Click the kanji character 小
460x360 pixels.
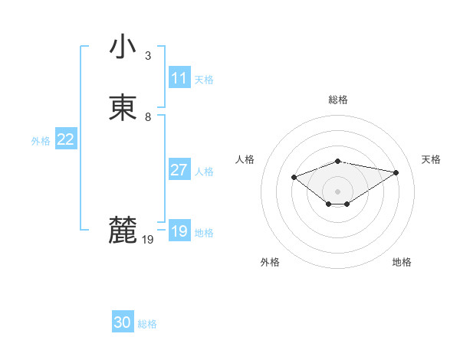pyautogui.click(x=123, y=46)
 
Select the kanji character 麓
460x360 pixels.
pyautogui.click(x=123, y=231)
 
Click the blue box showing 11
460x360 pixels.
pyautogui.click(x=179, y=78)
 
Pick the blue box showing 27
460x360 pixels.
pyautogui.click(x=179, y=170)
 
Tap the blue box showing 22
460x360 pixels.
pyautogui.click(x=65, y=139)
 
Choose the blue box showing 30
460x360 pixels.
pyautogui.click(x=123, y=322)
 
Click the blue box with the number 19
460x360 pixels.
pyautogui.click(x=179, y=231)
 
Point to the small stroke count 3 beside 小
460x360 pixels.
pyautogui.click(x=148, y=55)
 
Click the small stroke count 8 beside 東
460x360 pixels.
pyautogui.click(x=148, y=117)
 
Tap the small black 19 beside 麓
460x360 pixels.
pyautogui.click(x=148, y=240)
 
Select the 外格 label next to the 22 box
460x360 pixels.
pyautogui.click(x=41, y=141)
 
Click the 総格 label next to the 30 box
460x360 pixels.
pyautogui.click(x=147, y=324)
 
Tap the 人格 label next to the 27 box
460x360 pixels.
pyautogui.click(x=204, y=172)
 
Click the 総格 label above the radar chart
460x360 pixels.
pyautogui.click(x=337, y=100)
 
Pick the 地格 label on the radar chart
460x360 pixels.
pyautogui.click(x=402, y=262)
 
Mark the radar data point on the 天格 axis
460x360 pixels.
pyautogui.click(x=396, y=172)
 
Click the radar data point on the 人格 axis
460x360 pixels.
pyautogui.click(x=294, y=178)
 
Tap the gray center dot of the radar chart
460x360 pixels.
pyautogui.click(x=337, y=191)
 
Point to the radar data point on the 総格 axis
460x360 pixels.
pyautogui.click(x=337, y=161)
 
